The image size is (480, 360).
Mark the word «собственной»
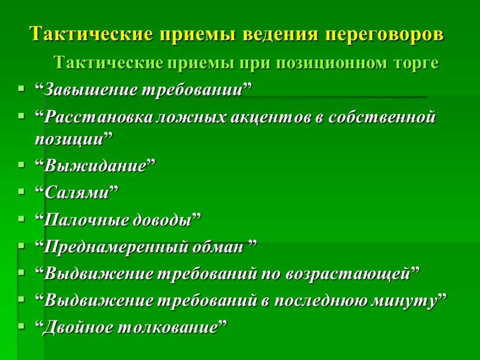pos(382,117)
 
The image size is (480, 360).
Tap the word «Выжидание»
pos(95,166)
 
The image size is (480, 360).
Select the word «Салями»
pos(76,193)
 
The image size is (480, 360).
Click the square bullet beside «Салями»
pos(21,192)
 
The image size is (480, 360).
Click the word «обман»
pos(217,247)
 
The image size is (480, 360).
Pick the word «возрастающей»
pos(347,274)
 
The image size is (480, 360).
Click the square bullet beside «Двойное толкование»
pos(21,326)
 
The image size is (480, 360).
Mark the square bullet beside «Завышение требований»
pos(21,89)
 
